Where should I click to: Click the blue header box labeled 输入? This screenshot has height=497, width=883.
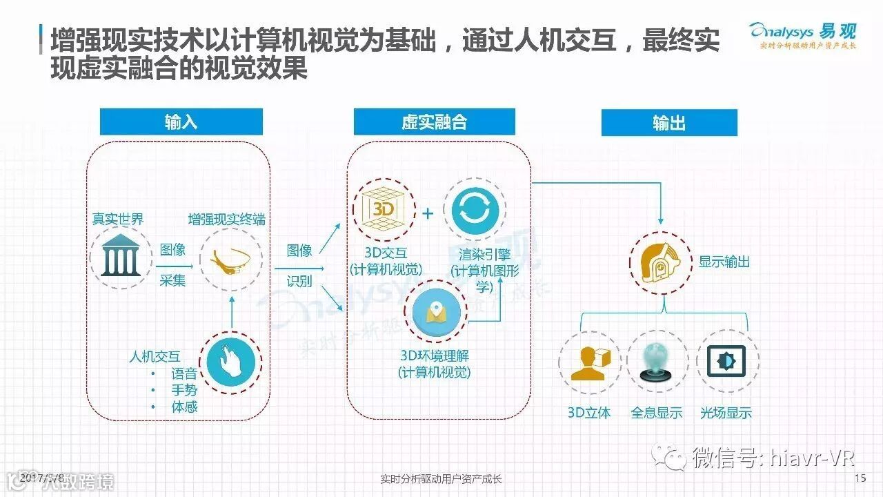click(x=181, y=122)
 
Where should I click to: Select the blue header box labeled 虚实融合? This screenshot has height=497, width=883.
click(x=434, y=122)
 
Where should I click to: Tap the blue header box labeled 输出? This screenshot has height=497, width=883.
click(x=668, y=123)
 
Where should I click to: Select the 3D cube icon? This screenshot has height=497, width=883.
click(x=384, y=208)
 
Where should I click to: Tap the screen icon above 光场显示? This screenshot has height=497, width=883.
click(x=726, y=361)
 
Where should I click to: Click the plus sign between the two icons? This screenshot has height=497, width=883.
click(x=428, y=213)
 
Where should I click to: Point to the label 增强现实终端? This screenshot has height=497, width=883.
click(x=226, y=220)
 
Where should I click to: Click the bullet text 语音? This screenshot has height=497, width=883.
click(x=184, y=374)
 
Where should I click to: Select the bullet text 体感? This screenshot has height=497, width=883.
click(x=184, y=407)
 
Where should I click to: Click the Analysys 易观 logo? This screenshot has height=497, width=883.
click(x=802, y=35)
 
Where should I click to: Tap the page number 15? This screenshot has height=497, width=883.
click(x=860, y=478)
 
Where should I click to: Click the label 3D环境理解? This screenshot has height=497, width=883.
click(x=435, y=356)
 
